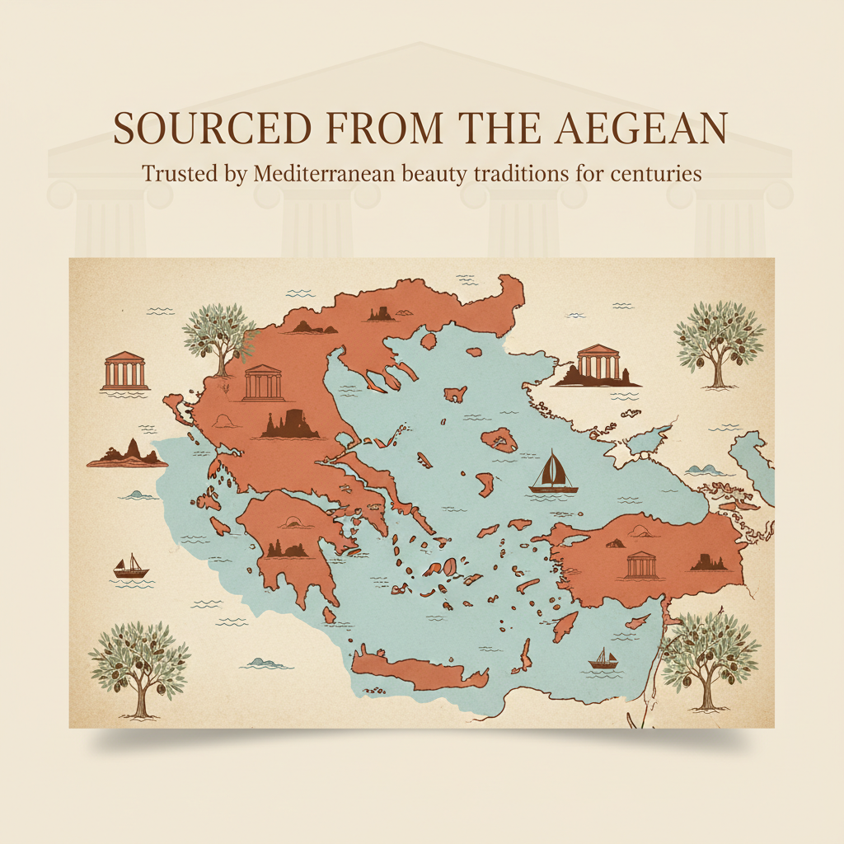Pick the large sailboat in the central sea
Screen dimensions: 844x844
tap(552, 473)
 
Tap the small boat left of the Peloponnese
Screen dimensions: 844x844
tap(130, 567)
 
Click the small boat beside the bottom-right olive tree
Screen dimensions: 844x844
tap(603, 658)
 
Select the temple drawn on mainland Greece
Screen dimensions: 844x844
tap(264, 383)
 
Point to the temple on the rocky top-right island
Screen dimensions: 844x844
tap(598, 364)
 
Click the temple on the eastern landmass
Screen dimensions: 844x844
tap(641, 565)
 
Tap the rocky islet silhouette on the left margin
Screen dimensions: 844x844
tap(127, 453)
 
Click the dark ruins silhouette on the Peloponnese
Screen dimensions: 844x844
tap(288, 547)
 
